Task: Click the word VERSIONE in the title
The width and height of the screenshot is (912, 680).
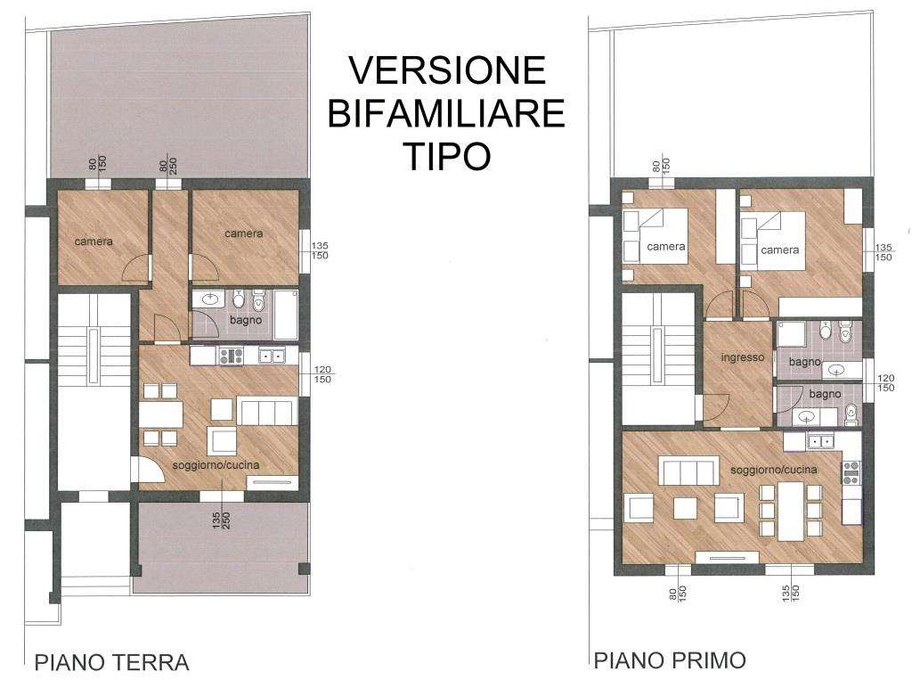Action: (x=446, y=71)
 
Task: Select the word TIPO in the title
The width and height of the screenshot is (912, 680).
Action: (x=446, y=156)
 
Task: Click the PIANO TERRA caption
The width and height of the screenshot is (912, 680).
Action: (x=111, y=662)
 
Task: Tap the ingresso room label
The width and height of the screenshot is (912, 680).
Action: (x=742, y=357)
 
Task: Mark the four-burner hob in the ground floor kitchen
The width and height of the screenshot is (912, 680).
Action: (x=231, y=356)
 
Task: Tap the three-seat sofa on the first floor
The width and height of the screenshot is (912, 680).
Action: (x=688, y=470)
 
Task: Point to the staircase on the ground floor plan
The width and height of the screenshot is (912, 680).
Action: (x=92, y=391)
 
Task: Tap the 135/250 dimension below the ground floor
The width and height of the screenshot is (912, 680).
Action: (x=221, y=520)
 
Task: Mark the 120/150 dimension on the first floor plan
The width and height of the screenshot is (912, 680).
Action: (x=884, y=382)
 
